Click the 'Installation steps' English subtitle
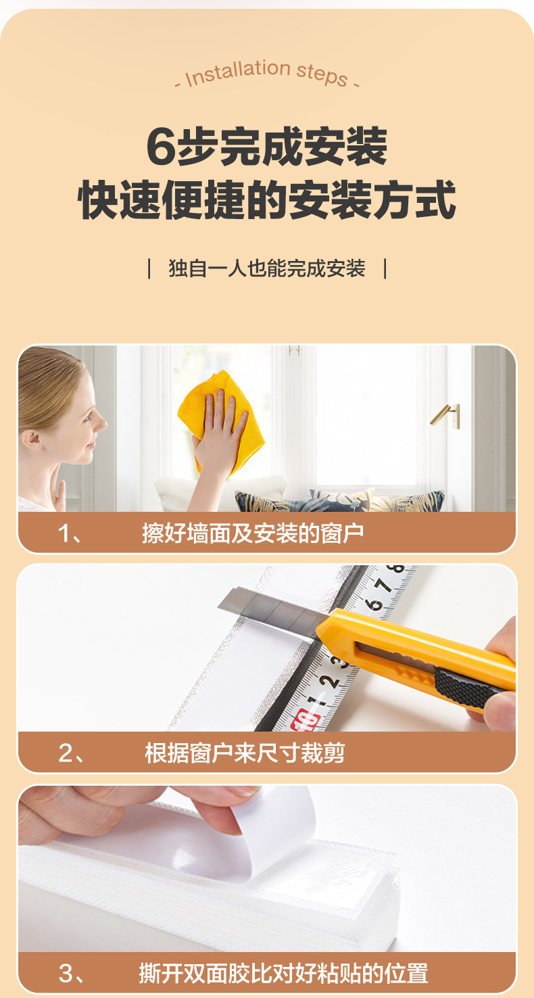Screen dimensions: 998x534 point(267,74)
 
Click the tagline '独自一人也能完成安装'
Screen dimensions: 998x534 point(267,268)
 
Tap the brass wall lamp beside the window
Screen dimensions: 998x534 point(447,413)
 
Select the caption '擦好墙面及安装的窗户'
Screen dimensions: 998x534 point(253,533)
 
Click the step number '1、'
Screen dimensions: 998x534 point(70,533)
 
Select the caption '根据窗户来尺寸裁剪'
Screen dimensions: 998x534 point(245,753)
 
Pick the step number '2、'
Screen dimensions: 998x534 point(71,753)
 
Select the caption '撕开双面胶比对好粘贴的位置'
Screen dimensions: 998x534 point(283,974)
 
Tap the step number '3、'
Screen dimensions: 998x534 point(71,974)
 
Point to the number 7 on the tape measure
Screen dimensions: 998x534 point(383,585)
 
